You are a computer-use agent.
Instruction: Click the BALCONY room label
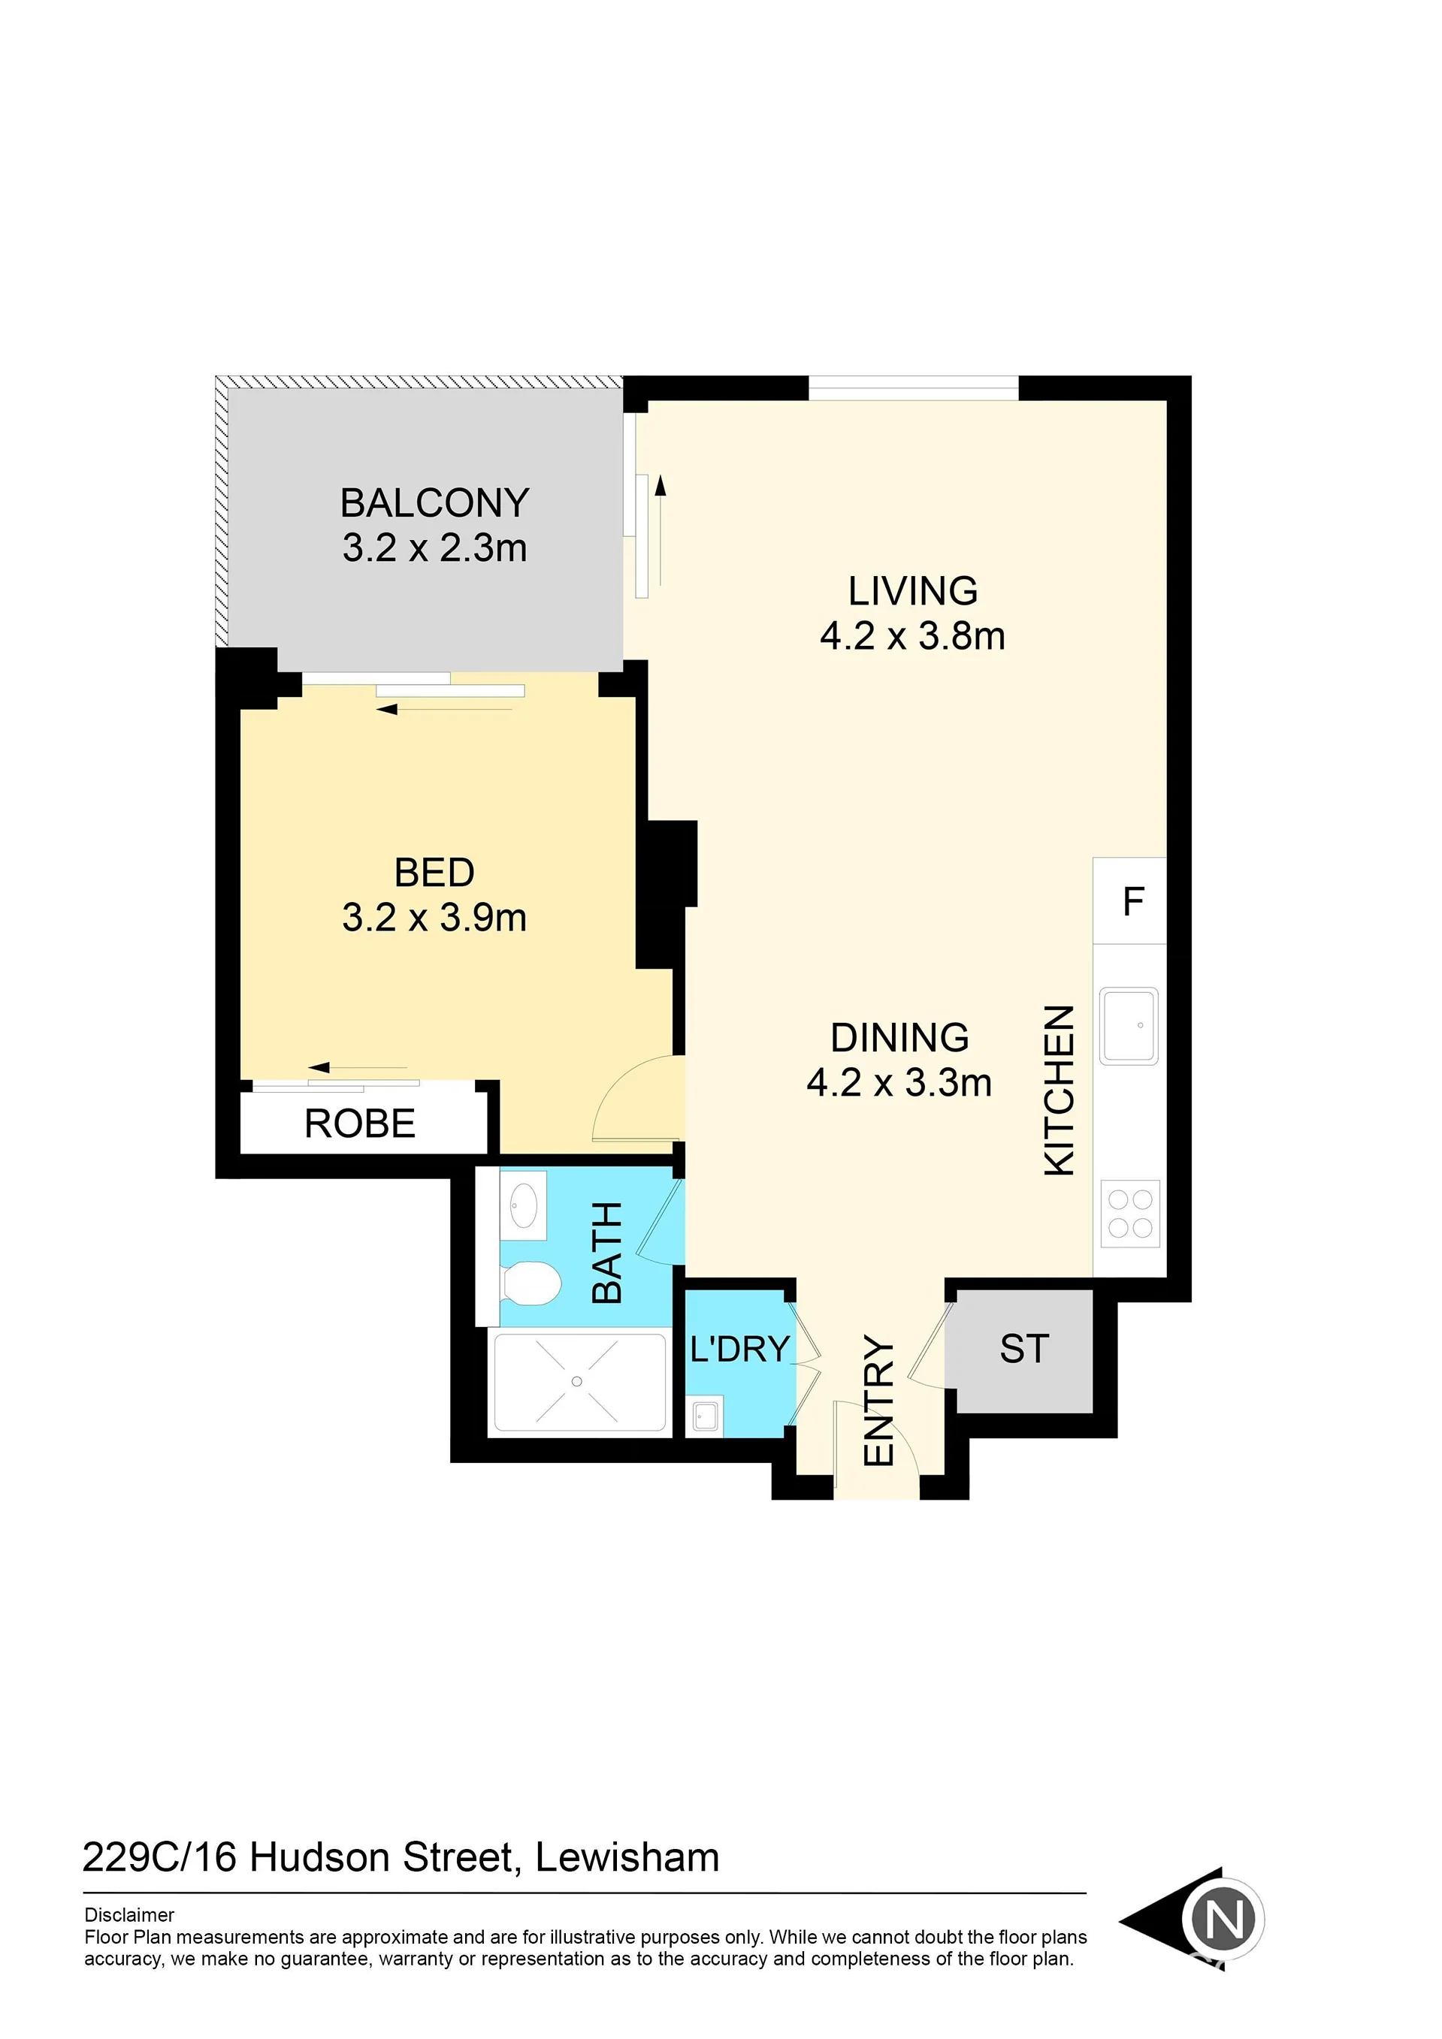pos(434,502)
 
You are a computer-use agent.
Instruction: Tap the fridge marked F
pos(1129,900)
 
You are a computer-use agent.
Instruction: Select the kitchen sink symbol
pos(1129,1026)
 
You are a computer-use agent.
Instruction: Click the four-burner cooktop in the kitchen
pos(1130,1214)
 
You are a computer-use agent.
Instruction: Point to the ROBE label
pos(360,1124)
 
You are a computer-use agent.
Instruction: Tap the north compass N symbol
pos(1224,1921)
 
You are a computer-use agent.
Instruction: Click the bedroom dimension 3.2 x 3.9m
pos(434,918)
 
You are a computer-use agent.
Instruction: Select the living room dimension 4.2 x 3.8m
pos(912,636)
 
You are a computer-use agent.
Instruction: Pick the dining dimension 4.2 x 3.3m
pos(899,1082)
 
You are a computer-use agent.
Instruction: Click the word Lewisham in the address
pos(627,1858)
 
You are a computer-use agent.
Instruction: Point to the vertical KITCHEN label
pos(1059,1090)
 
